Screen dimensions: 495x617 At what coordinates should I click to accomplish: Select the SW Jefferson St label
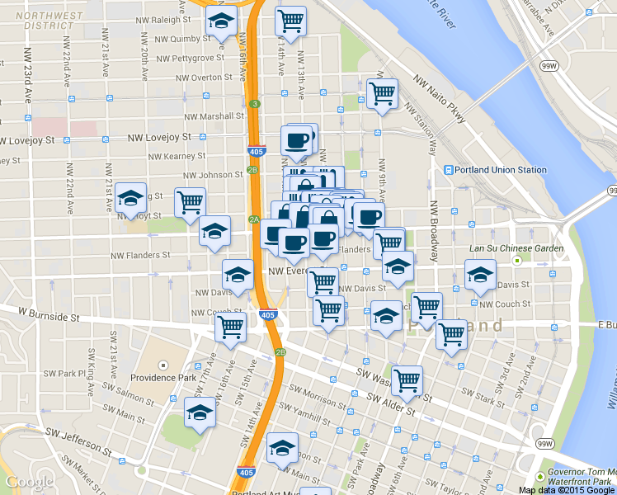(x=78, y=440)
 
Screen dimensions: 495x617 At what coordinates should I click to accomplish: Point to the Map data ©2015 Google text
(x=565, y=490)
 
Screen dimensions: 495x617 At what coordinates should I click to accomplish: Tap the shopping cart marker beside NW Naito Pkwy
(x=382, y=95)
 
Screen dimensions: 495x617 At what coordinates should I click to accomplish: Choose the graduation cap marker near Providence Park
(x=200, y=412)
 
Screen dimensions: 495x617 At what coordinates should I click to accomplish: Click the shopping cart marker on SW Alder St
(x=407, y=380)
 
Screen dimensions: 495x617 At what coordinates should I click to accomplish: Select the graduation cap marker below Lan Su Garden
(x=479, y=275)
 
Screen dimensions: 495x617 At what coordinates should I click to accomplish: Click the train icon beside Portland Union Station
(x=449, y=170)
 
